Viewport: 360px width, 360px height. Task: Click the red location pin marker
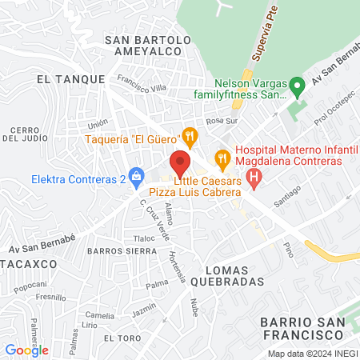click(180, 162)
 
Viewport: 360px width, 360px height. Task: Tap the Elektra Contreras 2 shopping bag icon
click(137, 175)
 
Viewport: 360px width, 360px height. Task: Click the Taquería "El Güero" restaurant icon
click(189, 134)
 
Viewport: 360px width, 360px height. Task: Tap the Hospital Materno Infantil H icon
click(254, 177)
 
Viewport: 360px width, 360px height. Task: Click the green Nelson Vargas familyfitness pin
click(297, 84)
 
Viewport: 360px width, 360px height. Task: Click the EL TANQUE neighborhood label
click(70, 79)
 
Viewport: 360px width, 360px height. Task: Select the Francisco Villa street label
click(140, 83)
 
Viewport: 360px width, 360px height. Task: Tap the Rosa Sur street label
click(222, 122)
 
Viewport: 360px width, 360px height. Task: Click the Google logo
click(26, 350)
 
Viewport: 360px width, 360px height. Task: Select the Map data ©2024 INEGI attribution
click(311, 354)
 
